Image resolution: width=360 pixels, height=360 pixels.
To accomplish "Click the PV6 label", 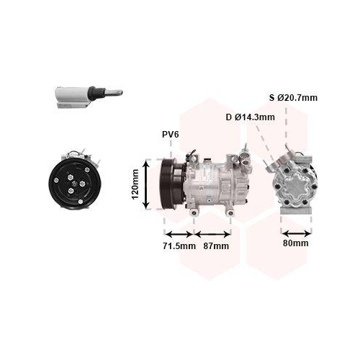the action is [x=171, y=135].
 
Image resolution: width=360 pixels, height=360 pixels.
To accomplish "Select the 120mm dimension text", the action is [x=135, y=184].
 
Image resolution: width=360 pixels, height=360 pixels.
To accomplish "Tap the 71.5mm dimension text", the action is [x=179, y=246].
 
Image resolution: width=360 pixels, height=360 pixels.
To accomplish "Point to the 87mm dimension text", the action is [x=216, y=246].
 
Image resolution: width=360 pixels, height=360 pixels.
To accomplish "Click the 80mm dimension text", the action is [x=296, y=243].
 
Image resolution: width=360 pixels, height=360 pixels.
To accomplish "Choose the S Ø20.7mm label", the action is [x=293, y=98].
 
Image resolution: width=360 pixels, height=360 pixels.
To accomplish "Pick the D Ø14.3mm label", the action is [x=251, y=117].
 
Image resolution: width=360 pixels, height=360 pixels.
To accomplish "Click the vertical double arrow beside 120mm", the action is [x=146, y=184].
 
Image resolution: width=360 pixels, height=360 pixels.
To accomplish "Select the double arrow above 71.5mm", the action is [x=179, y=234].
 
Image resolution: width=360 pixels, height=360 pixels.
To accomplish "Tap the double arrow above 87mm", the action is [x=212, y=234].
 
